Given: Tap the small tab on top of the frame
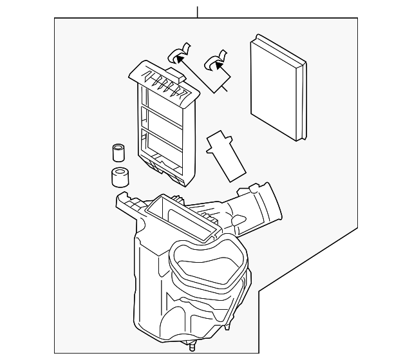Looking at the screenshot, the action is click(x=176, y=61).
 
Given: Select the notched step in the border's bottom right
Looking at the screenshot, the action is click(x=259, y=293).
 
